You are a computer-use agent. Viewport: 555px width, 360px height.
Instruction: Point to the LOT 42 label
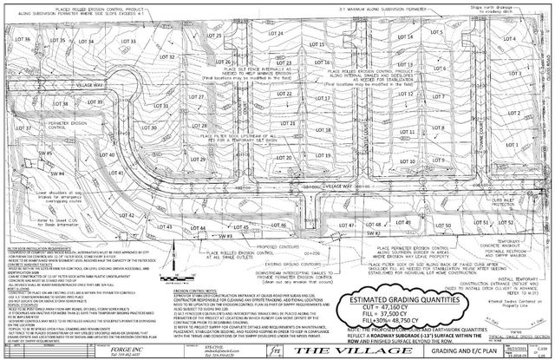coord(127,212)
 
